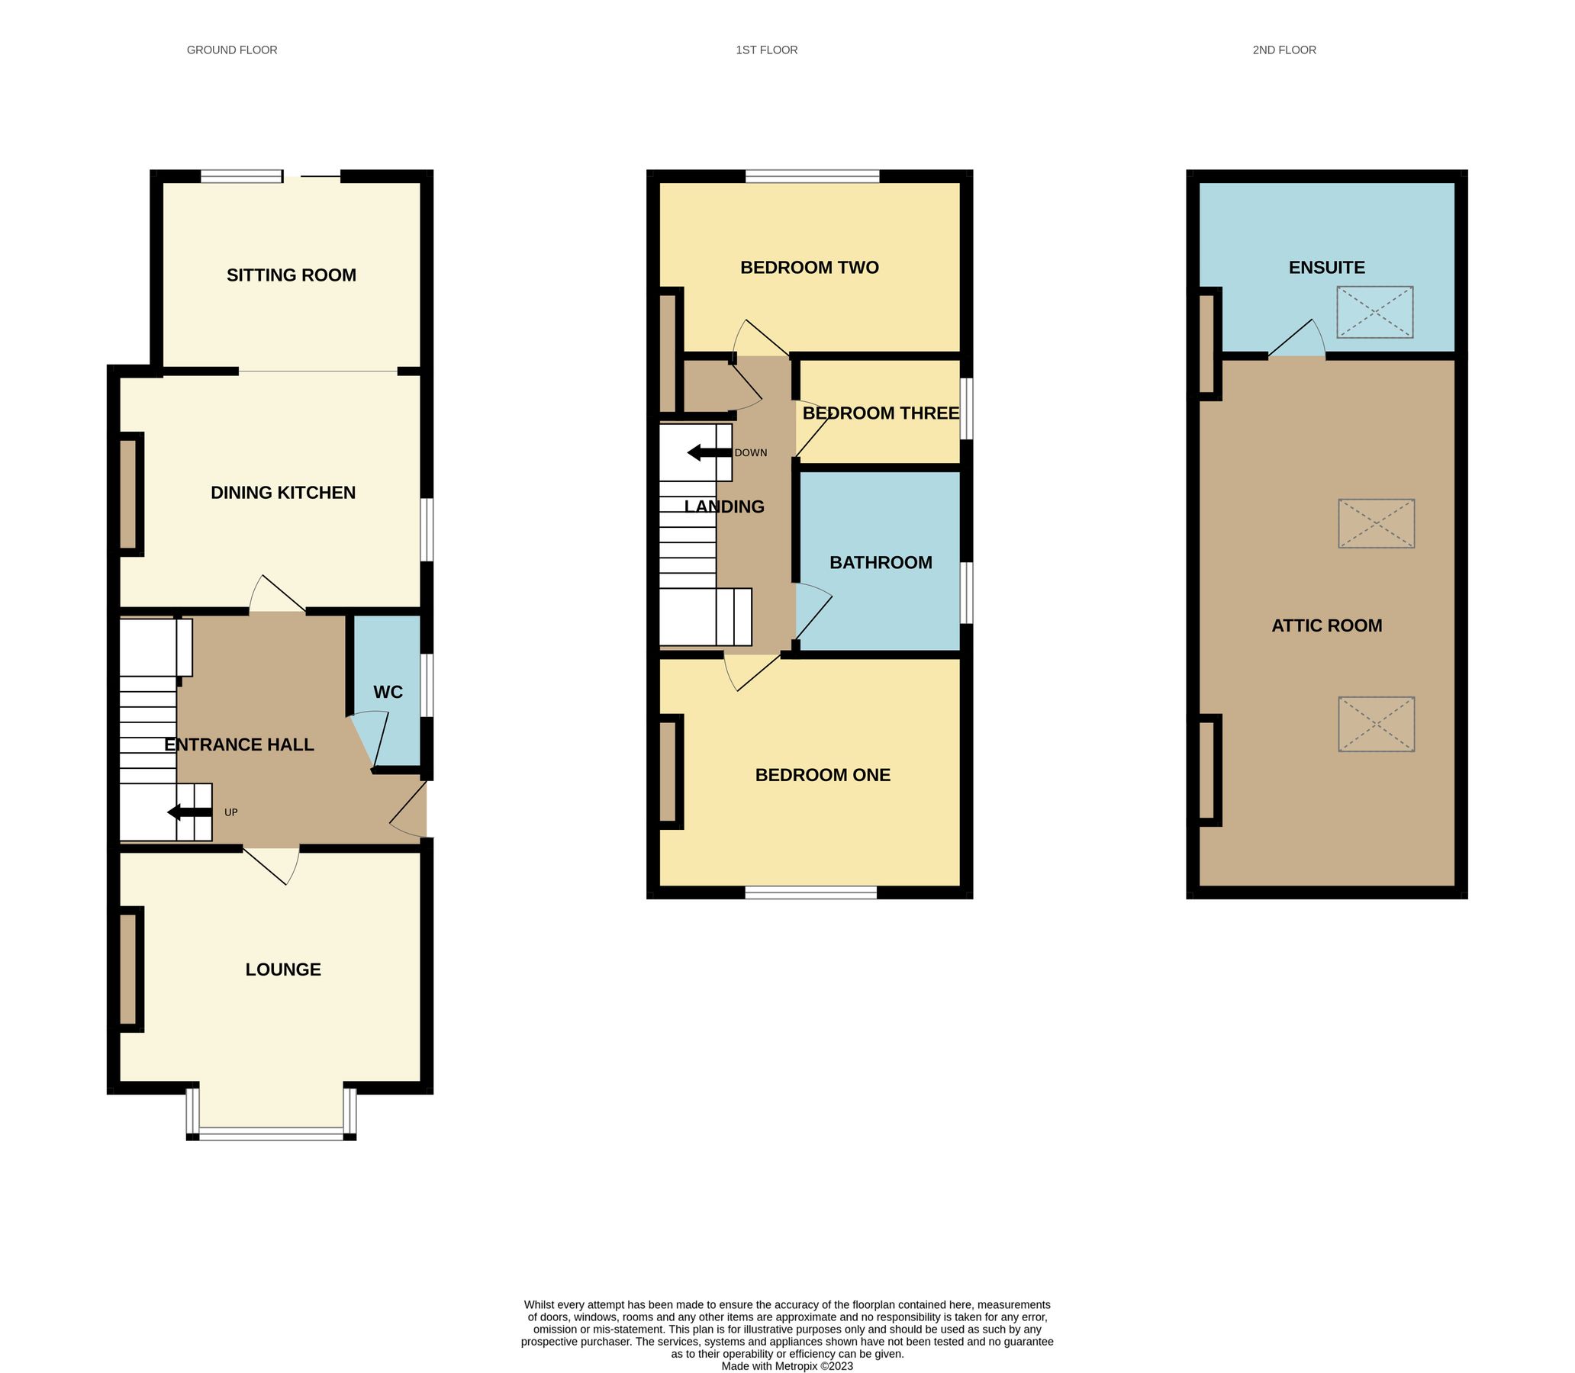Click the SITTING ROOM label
click(x=291, y=275)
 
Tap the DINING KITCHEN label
click(x=283, y=493)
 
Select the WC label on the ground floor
click(x=388, y=693)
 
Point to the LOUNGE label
click(x=283, y=969)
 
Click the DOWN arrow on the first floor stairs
click(x=709, y=453)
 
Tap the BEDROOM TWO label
click(x=810, y=268)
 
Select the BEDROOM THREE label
click(x=881, y=413)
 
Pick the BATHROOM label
click(x=881, y=562)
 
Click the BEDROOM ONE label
click(x=823, y=775)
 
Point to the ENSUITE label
click(x=1327, y=268)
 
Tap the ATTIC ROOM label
click(x=1327, y=625)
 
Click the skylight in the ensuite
click(x=1375, y=312)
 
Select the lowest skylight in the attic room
click(x=1377, y=724)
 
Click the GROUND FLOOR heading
click(x=232, y=50)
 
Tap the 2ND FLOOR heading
click(x=1284, y=50)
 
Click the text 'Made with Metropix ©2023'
click(x=787, y=1366)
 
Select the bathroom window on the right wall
click(x=968, y=593)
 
